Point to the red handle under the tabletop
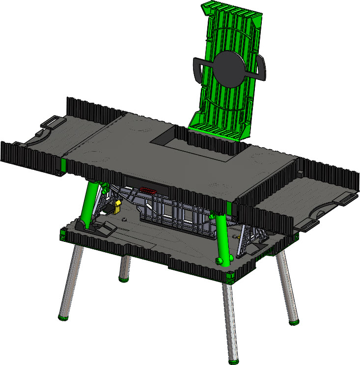(148, 190)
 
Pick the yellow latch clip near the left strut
(118, 206)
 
